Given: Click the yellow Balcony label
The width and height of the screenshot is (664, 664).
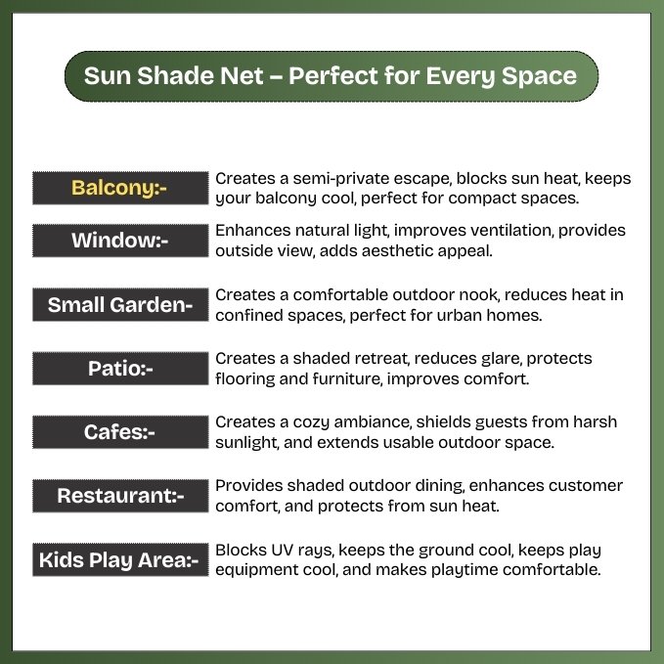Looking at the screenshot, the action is [120, 188].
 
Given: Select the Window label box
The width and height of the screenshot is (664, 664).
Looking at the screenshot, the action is [120, 241].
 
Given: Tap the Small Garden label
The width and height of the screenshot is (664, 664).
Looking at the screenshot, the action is [120, 304].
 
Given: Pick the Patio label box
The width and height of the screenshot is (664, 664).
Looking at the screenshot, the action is [120, 369].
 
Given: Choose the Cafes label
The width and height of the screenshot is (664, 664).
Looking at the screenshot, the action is [120, 432].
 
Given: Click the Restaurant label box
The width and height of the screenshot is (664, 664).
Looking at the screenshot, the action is [120, 496].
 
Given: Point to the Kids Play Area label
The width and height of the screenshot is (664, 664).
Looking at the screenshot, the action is [120, 559].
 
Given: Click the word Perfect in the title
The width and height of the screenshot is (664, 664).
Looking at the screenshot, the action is [332, 76].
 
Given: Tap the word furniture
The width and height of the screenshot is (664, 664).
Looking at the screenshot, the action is [348, 379].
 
